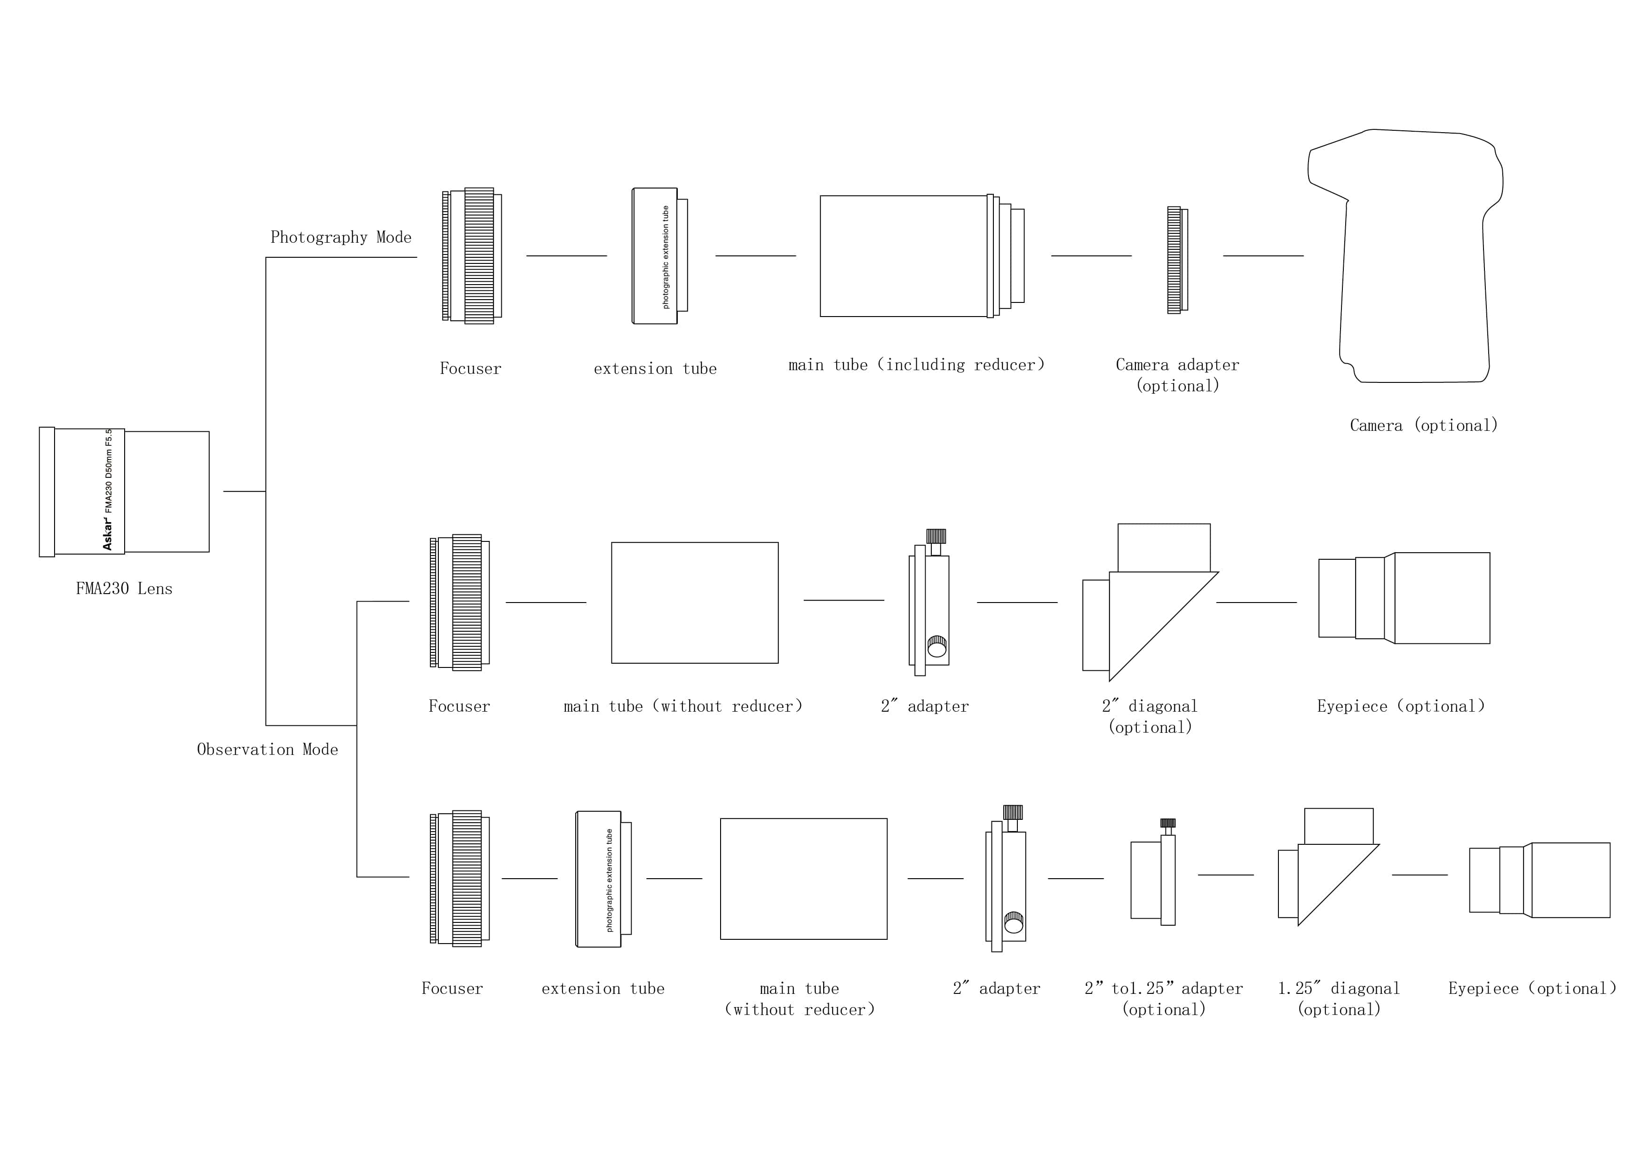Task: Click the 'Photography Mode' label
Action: [x=341, y=237]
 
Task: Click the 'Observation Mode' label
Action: [x=267, y=749]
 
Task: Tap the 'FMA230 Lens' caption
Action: [x=124, y=588]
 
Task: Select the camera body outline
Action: [x=1409, y=259]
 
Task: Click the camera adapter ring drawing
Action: [x=1176, y=260]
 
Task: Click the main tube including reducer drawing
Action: [x=920, y=256]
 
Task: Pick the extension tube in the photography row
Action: [x=659, y=256]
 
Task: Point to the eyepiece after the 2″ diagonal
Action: [x=1404, y=598]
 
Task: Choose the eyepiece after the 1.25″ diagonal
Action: [x=1539, y=880]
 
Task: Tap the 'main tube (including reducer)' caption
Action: [x=916, y=365]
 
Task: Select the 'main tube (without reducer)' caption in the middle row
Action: [x=682, y=707]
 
